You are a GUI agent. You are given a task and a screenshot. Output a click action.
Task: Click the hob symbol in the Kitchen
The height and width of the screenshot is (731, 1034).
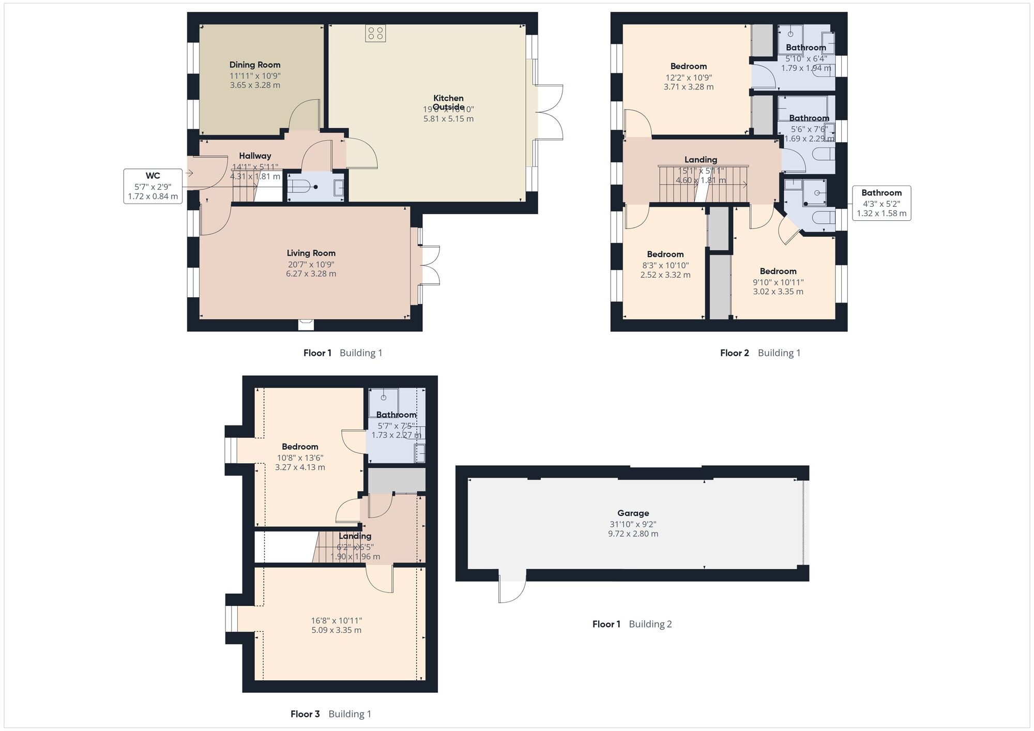click(375, 34)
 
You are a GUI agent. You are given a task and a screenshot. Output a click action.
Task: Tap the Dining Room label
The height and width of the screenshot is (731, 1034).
click(255, 65)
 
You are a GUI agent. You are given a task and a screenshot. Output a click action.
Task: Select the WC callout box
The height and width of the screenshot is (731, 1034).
click(153, 186)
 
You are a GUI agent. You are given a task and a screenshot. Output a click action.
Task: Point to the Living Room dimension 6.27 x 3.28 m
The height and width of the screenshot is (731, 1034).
click(311, 273)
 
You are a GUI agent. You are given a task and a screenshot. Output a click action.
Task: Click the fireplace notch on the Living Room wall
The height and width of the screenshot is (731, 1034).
click(306, 325)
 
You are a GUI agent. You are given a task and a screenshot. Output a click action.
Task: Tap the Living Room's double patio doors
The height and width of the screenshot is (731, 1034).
click(430, 265)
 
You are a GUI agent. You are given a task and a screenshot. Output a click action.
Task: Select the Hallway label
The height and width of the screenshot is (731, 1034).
click(255, 156)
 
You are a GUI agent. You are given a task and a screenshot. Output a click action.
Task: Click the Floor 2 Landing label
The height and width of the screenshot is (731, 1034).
click(701, 160)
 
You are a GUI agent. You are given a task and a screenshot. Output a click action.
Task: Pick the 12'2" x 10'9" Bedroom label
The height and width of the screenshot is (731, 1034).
click(688, 66)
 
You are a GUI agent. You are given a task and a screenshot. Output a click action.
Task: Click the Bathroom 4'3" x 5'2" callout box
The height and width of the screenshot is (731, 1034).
click(881, 203)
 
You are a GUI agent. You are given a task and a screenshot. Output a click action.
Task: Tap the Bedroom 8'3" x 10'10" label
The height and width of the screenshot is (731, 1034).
click(665, 254)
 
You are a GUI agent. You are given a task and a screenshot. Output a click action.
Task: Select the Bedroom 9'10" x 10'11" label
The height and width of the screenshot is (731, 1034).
click(778, 271)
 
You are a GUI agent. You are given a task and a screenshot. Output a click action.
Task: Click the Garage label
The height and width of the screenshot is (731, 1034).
click(633, 513)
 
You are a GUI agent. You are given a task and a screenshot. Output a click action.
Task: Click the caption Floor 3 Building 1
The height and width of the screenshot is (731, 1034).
click(331, 714)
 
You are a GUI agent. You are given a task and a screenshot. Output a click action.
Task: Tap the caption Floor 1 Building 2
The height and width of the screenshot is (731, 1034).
click(632, 624)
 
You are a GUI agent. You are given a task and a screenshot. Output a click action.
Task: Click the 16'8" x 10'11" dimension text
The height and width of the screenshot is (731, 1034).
click(336, 620)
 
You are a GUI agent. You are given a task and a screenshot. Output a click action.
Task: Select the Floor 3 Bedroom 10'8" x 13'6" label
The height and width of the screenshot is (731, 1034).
click(300, 447)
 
